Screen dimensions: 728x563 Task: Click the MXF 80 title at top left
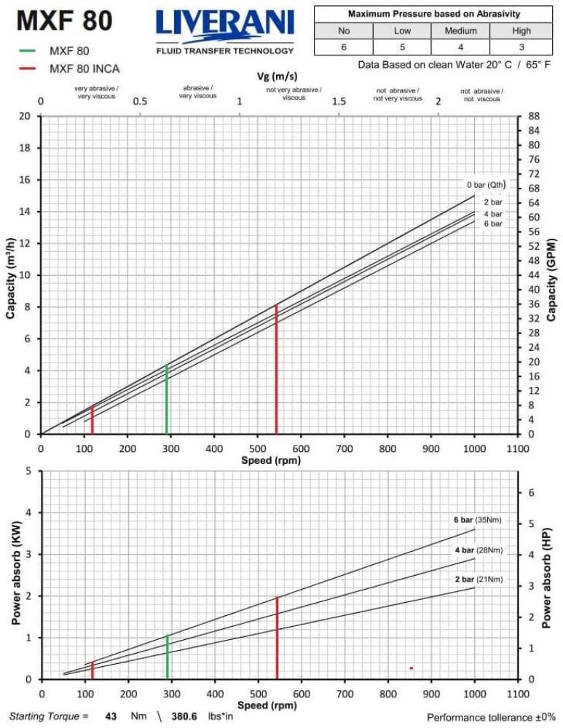tap(65, 21)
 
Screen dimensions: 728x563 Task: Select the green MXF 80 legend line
tap(27, 51)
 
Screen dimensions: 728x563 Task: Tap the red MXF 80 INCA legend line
tap(27, 68)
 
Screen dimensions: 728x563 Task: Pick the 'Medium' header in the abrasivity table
tap(460, 31)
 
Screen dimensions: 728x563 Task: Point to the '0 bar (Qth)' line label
tap(486, 184)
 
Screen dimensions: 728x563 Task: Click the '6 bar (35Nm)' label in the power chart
tap(478, 520)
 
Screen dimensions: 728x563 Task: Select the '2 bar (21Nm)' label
tap(478, 579)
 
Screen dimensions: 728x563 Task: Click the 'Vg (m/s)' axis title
tap(277, 76)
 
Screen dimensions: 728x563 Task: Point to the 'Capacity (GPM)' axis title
tap(551, 279)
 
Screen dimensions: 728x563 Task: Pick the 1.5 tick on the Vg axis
tap(339, 101)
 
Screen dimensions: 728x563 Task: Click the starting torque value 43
tap(111, 716)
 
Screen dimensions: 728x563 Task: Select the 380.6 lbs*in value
tap(184, 716)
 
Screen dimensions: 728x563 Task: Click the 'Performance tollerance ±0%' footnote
tap(490, 717)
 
